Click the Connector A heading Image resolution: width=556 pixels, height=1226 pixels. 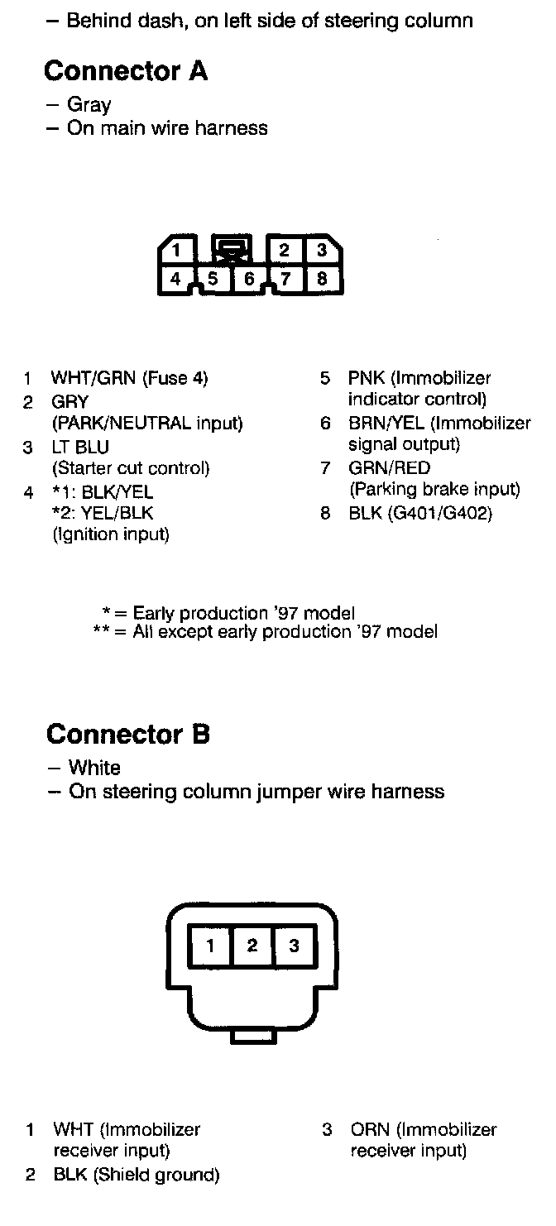(126, 71)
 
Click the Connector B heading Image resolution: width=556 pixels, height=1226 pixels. (128, 734)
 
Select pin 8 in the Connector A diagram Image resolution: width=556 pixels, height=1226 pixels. (322, 279)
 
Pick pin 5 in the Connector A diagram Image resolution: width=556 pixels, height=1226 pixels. (213, 279)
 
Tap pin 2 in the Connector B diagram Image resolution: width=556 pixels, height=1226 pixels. (252, 946)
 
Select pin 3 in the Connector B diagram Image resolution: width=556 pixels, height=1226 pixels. (294, 946)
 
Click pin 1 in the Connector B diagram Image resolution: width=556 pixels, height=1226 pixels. (211, 946)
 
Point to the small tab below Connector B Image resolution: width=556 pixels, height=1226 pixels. (252, 1036)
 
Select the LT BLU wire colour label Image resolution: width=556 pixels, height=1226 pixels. (80, 448)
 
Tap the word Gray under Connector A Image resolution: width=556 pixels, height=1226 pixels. (89, 105)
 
